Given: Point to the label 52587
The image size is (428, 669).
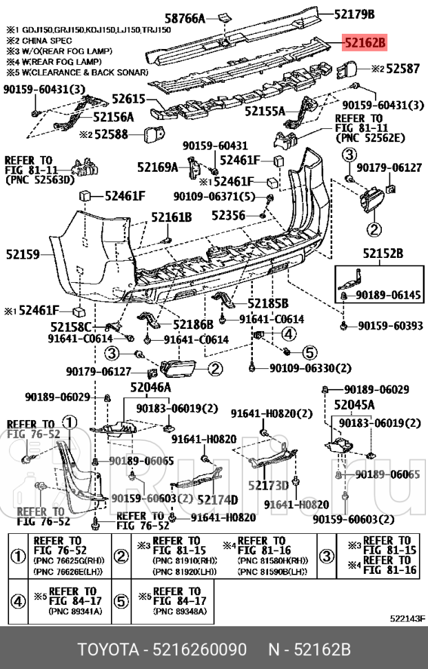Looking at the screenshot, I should tap(402, 69).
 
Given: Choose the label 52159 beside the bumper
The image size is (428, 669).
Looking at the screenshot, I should tap(25, 254).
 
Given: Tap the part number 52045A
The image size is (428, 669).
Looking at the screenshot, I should tap(354, 404).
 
